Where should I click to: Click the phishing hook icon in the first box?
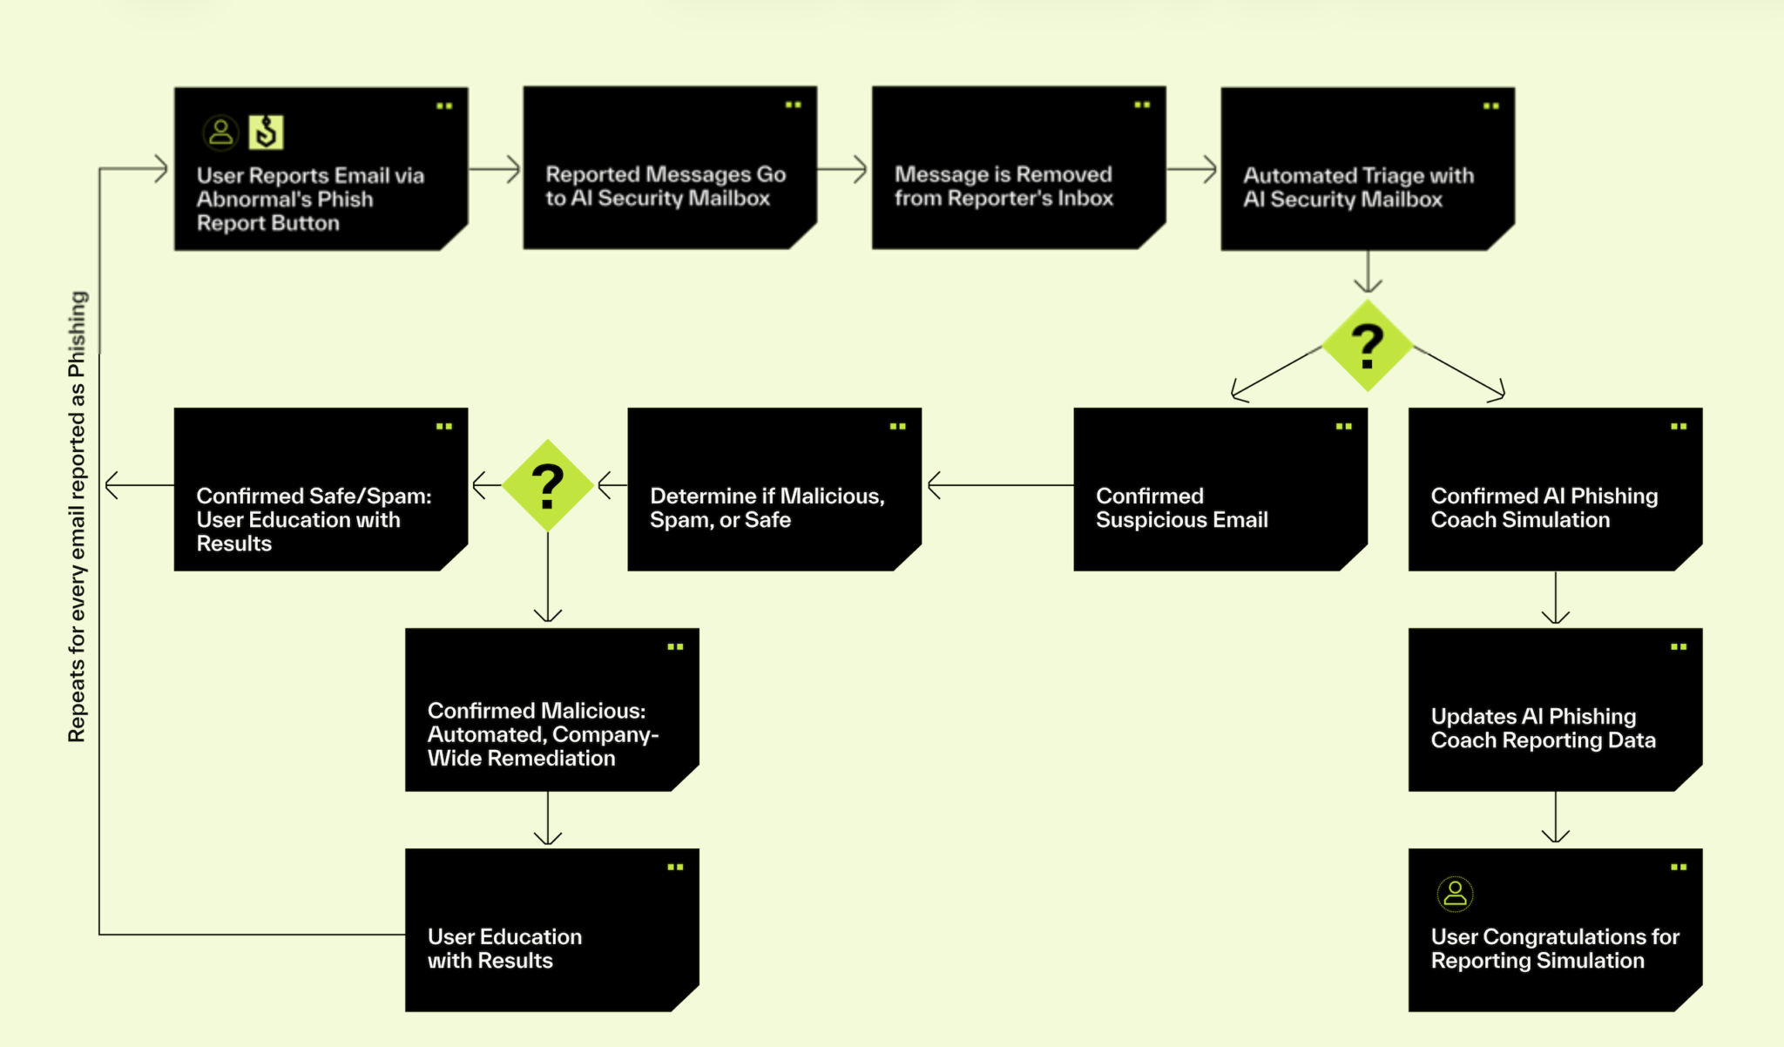point(266,132)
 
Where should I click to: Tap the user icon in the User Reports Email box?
point(221,132)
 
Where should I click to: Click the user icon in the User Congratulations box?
point(1455,894)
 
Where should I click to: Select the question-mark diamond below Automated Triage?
point(1368,346)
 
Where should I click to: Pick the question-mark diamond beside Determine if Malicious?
point(548,485)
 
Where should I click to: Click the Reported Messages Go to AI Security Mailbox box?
point(670,167)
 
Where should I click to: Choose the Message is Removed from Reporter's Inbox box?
point(1019,167)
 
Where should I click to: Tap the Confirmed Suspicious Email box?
point(1220,489)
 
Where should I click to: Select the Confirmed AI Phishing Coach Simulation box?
point(1555,489)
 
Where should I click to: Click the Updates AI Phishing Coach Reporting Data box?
point(1555,709)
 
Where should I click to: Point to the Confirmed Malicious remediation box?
point(552,709)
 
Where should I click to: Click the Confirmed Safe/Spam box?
point(321,489)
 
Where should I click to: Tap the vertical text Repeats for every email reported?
point(78,517)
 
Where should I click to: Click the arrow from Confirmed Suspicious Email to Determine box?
point(1001,485)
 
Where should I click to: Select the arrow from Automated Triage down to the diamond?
point(1368,272)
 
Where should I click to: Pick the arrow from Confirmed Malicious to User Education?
point(548,818)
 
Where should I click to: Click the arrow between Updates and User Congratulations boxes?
point(1555,818)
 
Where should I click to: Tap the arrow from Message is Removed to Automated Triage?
point(1192,169)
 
